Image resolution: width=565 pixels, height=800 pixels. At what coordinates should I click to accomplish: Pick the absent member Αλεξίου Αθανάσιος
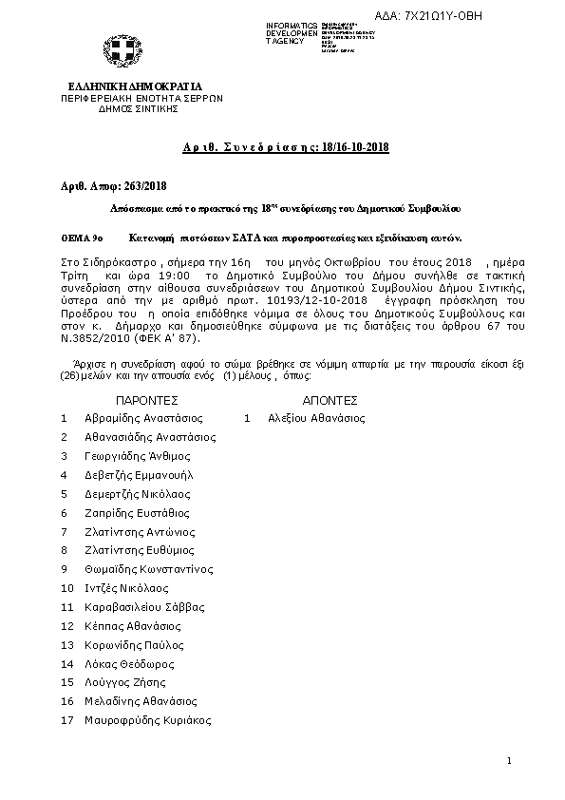tap(315, 418)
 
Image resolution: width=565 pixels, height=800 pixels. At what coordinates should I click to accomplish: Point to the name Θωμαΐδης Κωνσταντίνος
tap(149, 569)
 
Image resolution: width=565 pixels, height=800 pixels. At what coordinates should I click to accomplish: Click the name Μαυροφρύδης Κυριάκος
tap(147, 721)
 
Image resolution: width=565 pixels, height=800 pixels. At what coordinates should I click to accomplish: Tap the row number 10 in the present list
tap(66, 588)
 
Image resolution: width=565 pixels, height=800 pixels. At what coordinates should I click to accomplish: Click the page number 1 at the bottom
tap(510, 761)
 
